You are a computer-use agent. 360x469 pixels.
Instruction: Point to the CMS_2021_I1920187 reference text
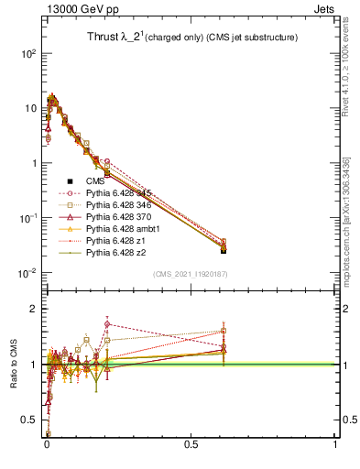[190, 275]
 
